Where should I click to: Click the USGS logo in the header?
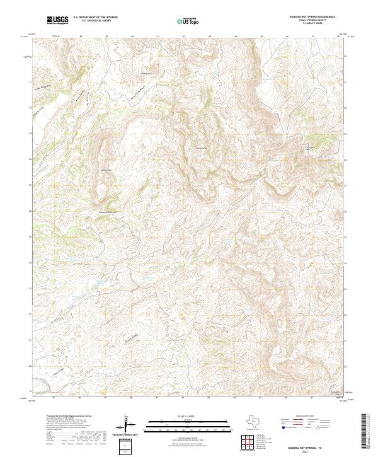pyautogui.click(x=57, y=21)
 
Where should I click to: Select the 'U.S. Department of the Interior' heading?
pyautogui.click(x=95, y=18)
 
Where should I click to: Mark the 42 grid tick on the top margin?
pyautogui.click(x=183, y=37)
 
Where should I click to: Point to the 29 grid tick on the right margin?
pyautogui.click(x=345, y=133)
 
